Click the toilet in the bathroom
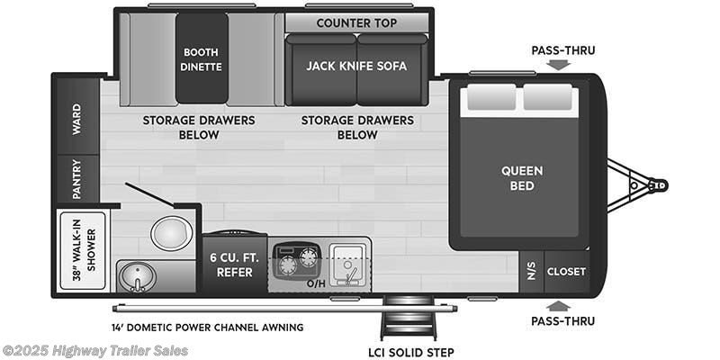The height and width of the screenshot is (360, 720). point(171,234)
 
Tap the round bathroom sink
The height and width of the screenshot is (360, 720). point(137,277)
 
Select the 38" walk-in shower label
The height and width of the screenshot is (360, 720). point(84,251)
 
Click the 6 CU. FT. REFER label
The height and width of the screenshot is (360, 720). point(235,265)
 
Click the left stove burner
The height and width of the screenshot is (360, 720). point(287,265)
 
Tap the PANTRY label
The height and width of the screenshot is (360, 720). point(76,179)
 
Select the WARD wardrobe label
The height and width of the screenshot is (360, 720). point(76,119)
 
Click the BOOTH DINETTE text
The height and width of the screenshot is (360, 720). point(201,59)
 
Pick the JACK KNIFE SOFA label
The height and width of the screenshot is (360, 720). point(356,66)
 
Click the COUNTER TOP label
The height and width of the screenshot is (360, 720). point(356,23)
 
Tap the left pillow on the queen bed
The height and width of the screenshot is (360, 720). point(490,97)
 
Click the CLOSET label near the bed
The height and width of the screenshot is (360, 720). point(566,272)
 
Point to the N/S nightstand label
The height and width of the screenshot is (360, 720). point(531,272)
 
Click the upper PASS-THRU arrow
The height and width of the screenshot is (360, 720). point(558,65)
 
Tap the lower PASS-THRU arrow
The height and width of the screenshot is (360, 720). point(558,306)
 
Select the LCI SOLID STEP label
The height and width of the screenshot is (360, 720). point(410,353)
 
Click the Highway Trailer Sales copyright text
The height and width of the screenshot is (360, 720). point(94,351)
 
